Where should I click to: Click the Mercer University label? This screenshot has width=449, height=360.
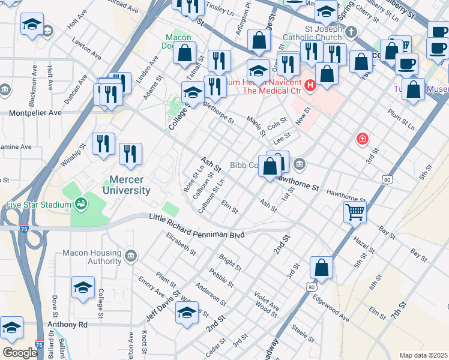[130, 184]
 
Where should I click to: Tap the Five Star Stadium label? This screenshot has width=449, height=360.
[38, 205]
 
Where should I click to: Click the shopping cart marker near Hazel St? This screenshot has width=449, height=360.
[355, 211]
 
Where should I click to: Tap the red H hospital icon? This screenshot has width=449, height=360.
[310, 86]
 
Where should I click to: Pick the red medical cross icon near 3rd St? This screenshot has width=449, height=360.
[363, 139]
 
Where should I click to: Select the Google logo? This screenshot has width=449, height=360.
[19, 353]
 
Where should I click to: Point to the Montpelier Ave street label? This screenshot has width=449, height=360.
[35, 112]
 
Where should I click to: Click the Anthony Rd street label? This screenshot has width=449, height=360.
[67, 324]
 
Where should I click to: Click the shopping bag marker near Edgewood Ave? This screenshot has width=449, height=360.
[322, 269]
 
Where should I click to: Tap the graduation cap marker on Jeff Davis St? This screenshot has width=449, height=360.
[187, 313]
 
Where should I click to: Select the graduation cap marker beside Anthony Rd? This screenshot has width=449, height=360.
[11, 328]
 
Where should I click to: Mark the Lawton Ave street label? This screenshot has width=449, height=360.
[80, 44]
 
